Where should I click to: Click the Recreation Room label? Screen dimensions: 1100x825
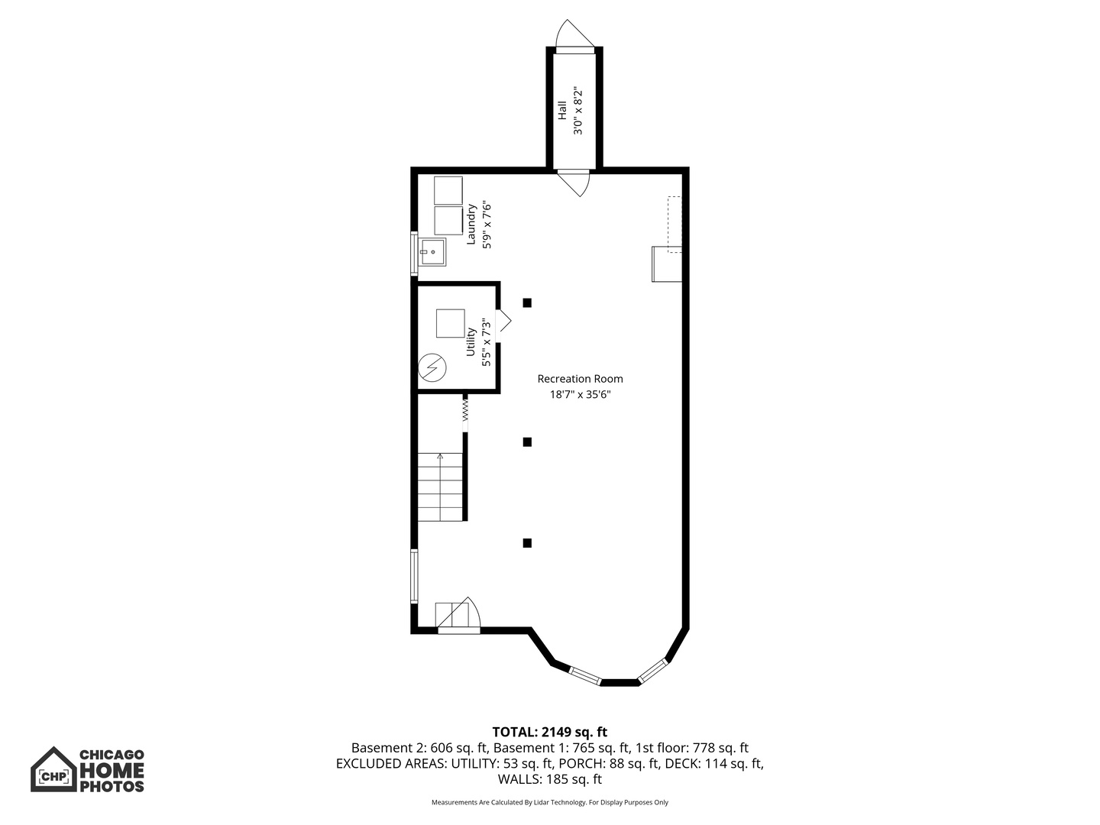point(580,379)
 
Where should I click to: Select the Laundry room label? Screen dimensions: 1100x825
point(471,224)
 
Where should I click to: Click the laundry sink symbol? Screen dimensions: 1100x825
point(432,252)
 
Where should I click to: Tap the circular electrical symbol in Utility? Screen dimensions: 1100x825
point(432,367)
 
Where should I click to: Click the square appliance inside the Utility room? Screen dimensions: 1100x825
point(450,324)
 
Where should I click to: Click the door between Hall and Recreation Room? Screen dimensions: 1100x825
point(574,183)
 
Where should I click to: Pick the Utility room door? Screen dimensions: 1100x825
point(503,326)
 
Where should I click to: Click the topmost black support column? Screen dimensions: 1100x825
point(526,302)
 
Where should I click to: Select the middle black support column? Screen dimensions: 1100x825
point(526,442)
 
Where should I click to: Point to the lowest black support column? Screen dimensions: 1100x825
point(526,543)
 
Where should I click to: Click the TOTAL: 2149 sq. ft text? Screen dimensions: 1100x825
point(550,732)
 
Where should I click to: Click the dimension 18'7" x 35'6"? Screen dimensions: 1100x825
point(580,394)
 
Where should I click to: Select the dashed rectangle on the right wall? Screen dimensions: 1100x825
point(675,225)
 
